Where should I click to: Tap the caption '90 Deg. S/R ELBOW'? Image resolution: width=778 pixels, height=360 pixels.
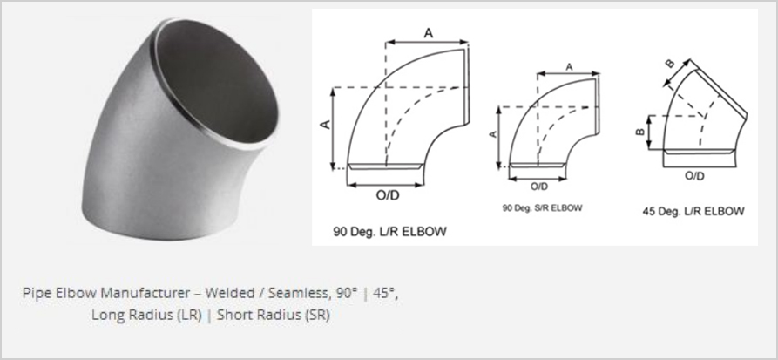pyautogui.click(x=541, y=208)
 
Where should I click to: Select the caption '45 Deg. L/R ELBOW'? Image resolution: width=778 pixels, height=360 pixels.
pyautogui.click(x=693, y=212)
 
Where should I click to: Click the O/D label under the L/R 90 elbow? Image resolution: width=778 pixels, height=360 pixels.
pyautogui.click(x=385, y=195)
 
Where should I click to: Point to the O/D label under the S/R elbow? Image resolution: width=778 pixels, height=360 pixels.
pyautogui.click(x=539, y=186)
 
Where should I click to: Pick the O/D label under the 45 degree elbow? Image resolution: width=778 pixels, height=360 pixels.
pyautogui.click(x=694, y=175)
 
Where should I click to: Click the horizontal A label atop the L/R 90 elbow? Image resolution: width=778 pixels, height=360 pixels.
pyautogui.click(x=428, y=32)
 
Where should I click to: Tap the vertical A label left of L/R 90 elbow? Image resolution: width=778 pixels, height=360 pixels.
pyautogui.click(x=323, y=126)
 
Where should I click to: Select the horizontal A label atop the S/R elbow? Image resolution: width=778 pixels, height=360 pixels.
pyautogui.click(x=568, y=67)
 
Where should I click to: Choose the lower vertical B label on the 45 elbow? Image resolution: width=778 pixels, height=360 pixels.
pyautogui.click(x=639, y=132)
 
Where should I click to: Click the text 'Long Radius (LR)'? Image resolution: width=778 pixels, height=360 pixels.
pyautogui.click(x=140, y=316)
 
